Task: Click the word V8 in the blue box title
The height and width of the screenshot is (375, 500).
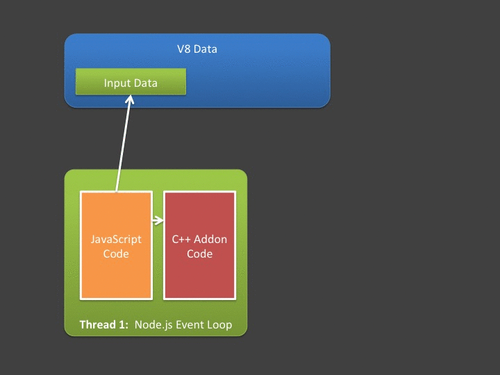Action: pos(184,49)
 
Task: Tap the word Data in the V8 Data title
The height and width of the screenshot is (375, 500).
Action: pos(206,49)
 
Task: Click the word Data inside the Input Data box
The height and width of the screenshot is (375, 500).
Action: pos(146,83)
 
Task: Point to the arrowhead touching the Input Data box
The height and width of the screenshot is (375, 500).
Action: pos(129,100)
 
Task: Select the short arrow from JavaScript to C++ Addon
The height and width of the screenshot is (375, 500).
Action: pos(158,221)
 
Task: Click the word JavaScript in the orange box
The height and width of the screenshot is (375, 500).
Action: pos(116,240)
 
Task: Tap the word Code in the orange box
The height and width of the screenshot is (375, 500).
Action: pos(116,254)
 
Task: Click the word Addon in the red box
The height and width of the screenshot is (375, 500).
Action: pos(212,240)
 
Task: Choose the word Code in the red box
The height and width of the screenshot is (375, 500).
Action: pos(199,254)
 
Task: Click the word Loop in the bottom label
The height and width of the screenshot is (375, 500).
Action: pos(220,325)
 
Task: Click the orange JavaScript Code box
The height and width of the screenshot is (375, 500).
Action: pos(116,278)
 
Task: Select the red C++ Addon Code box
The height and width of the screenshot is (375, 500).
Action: pos(199,278)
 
